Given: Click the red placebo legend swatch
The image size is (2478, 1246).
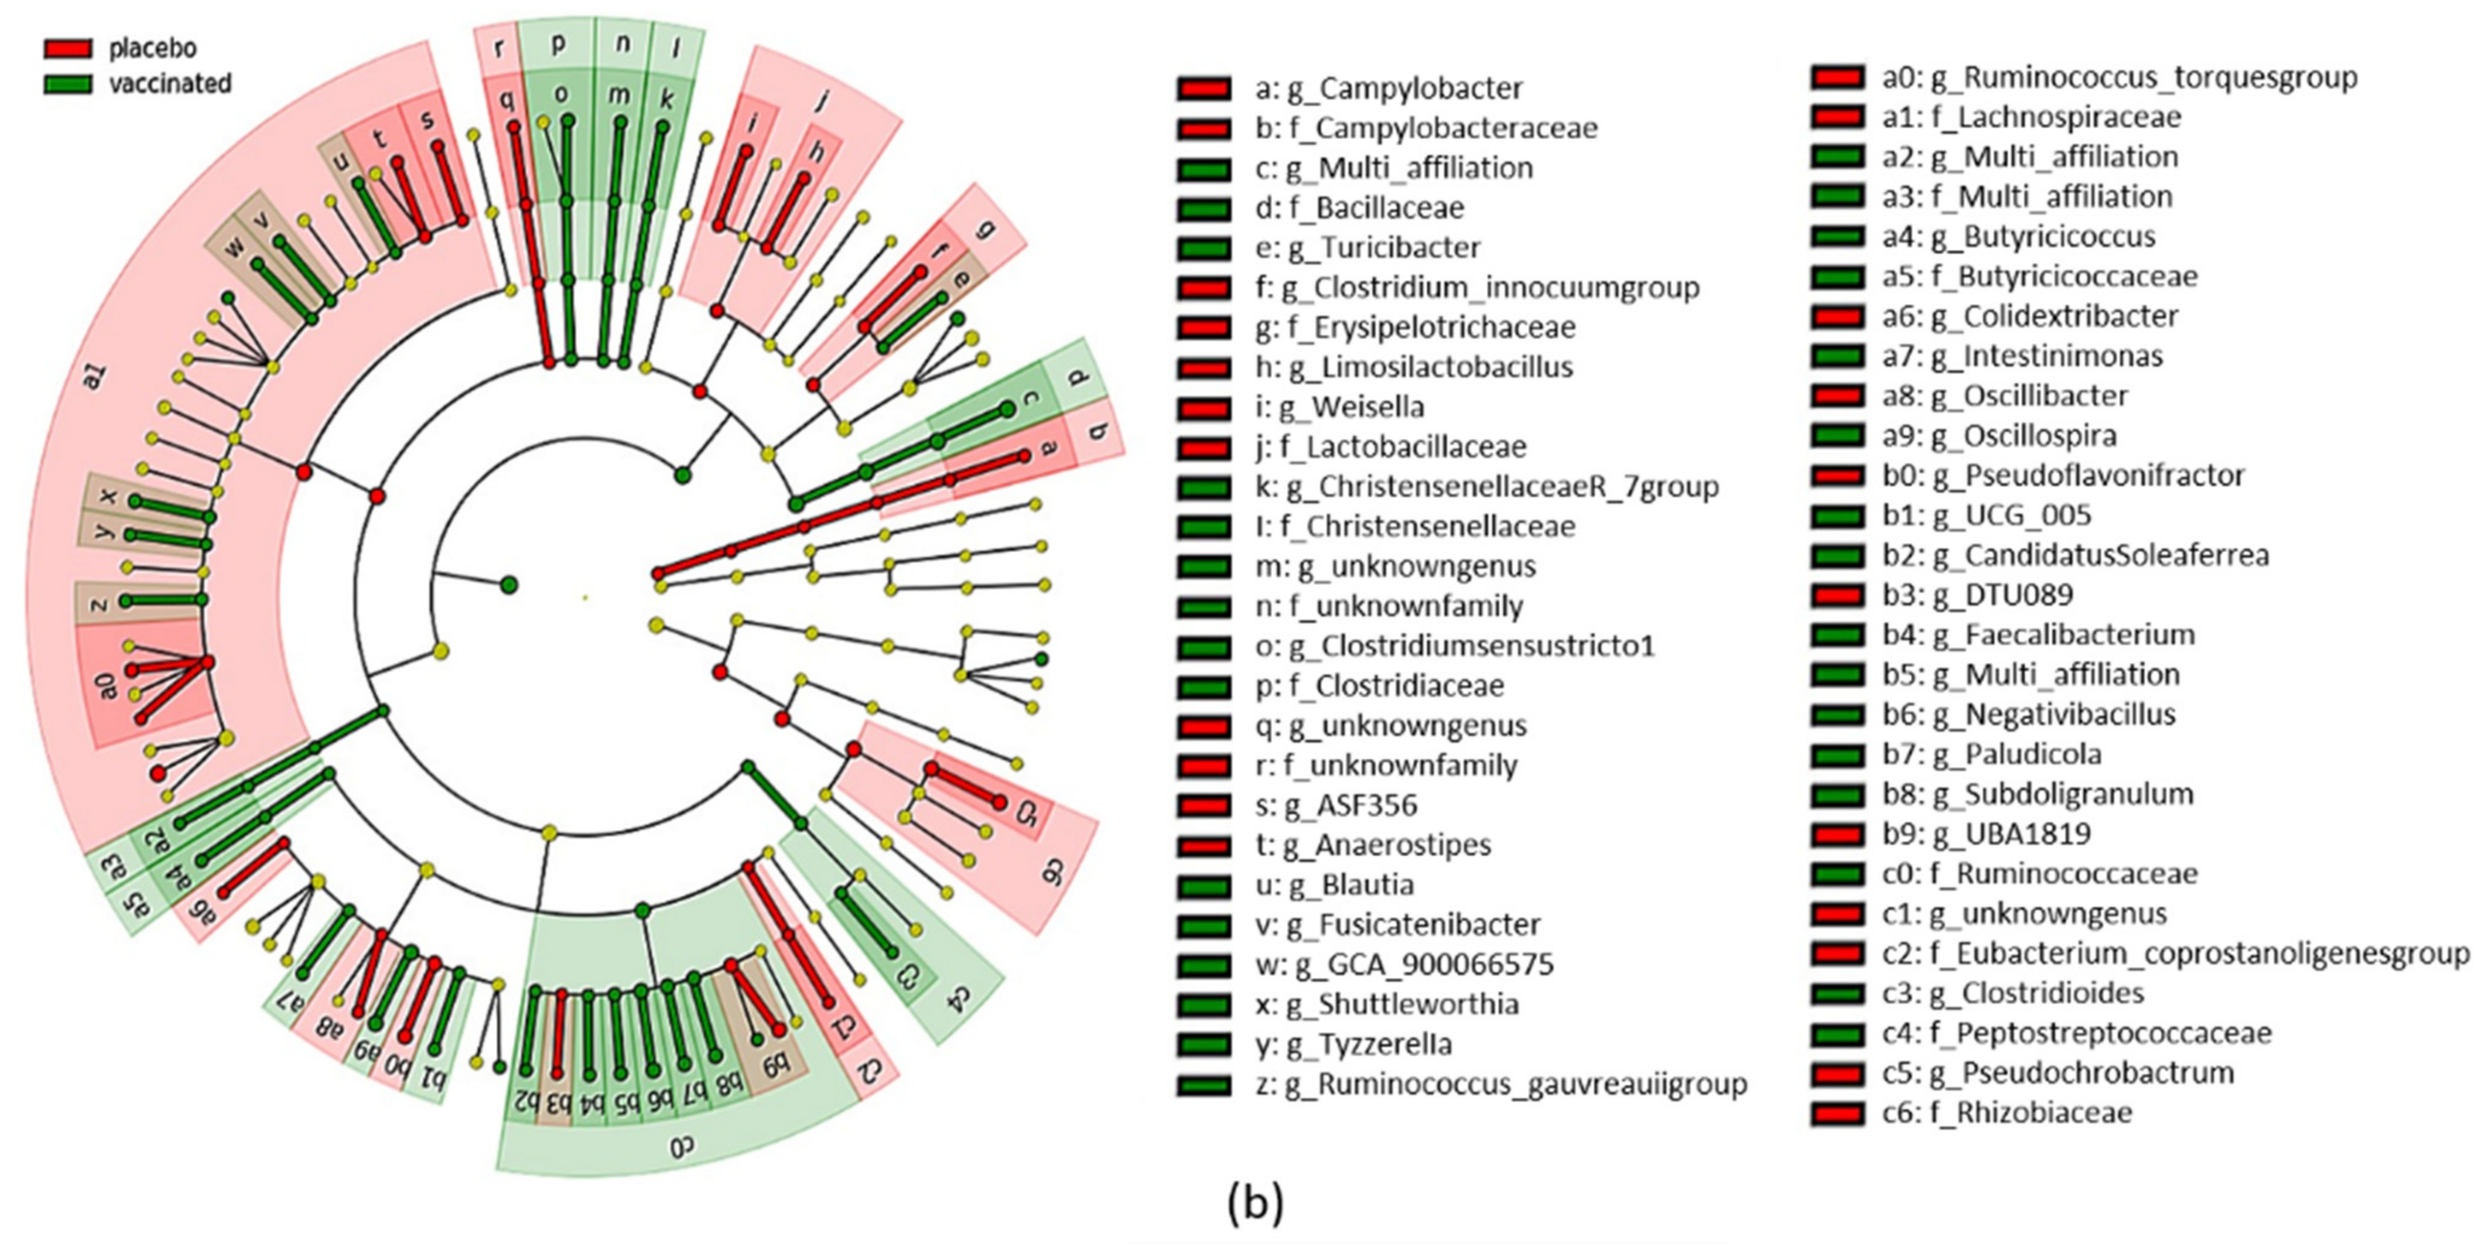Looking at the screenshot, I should (67, 48).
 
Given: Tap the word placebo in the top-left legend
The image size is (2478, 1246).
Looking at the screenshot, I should (152, 48).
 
